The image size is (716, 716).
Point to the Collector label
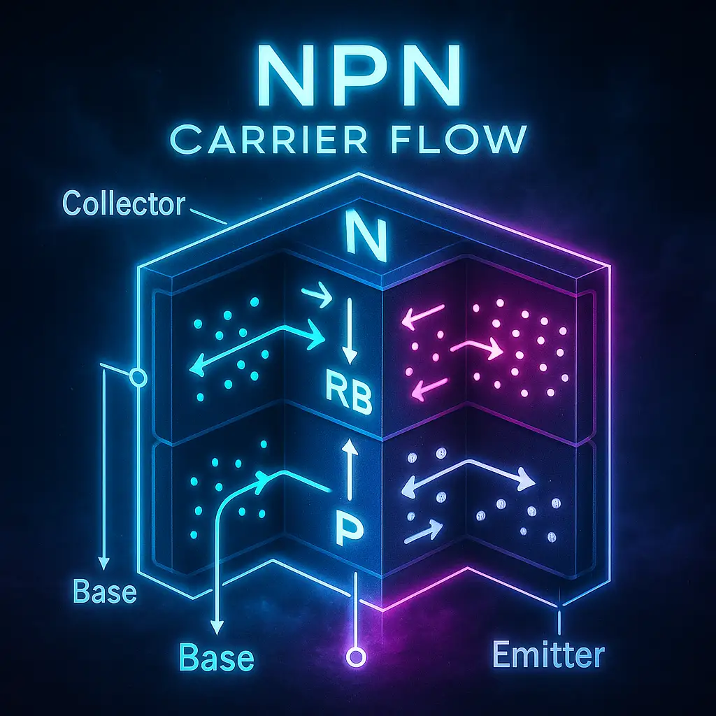click(124, 203)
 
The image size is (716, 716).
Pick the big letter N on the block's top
click(366, 236)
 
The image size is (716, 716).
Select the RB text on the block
click(348, 392)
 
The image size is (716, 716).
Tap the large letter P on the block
click(350, 527)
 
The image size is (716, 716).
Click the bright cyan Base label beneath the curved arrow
click(216, 657)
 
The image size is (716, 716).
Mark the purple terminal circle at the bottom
click(356, 657)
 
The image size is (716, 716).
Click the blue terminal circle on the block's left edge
click(138, 378)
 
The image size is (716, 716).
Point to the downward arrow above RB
click(350, 331)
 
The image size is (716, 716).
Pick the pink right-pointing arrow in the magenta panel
click(476, 349)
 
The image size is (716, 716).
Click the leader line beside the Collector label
click(208, 217)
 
